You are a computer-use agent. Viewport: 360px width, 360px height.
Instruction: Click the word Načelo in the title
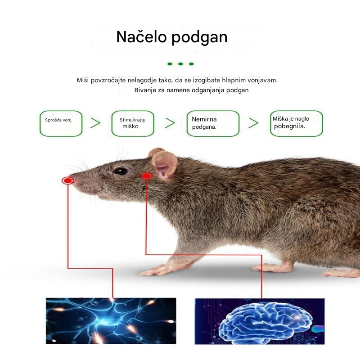[141, 37]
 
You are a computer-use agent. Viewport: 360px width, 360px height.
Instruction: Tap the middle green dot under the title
[180, 64]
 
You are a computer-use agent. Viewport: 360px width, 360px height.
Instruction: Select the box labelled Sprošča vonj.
[61, 123]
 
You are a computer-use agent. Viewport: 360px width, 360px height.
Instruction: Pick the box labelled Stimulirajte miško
[133, 123]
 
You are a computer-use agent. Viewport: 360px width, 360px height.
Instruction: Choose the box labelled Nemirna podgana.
[213, 123]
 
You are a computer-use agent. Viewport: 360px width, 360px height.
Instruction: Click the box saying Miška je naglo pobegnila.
[297, 123]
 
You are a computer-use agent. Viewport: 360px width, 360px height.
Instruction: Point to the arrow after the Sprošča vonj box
[95, 123]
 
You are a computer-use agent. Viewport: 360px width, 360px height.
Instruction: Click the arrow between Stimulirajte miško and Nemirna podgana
[170, 123]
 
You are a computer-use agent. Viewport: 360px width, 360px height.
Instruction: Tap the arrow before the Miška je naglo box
[253, 123]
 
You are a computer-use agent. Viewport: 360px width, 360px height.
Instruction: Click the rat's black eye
[120, 171]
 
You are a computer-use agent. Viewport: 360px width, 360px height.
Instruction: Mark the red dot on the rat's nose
[68, 181]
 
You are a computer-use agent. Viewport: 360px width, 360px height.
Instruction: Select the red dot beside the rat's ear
[146, 176]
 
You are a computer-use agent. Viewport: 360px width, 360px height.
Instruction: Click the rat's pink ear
[164, 165]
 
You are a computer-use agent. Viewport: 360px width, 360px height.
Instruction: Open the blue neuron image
[111, 321]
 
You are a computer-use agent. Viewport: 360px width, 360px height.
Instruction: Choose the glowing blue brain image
[260, 321]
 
